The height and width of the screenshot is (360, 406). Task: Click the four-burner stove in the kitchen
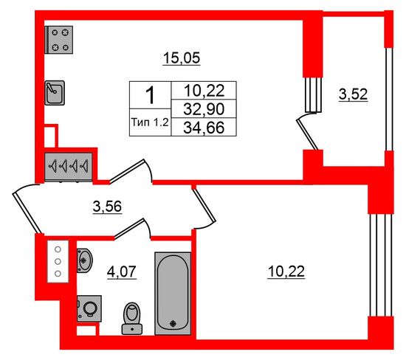(x=59, y=40)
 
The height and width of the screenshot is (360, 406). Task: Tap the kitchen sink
(x=55, y=93)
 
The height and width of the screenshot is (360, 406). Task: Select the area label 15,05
(x=182, y=58)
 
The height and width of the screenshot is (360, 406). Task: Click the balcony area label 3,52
(x=353, y=94)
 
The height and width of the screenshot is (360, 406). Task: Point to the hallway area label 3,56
(x=107, y=207)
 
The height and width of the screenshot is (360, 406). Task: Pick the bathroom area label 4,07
(x=122, y=271)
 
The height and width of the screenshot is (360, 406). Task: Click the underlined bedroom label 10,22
(x=286, y=271)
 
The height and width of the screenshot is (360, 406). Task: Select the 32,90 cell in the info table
(x=204, y=109)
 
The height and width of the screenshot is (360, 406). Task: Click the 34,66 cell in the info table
(x=204, y=128)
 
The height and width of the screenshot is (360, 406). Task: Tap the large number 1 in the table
(x=150, y=95)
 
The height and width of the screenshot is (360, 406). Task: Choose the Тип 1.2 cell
(x=150, y=122)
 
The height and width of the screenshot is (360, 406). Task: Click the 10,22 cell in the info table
(x=204, y=91)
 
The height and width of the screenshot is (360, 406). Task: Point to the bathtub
(x=173, y=293)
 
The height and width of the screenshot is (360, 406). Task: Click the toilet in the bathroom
(x=132, y=319)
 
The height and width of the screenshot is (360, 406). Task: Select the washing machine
(x=89, y=308)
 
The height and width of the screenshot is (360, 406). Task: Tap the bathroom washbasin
(x=84, y=260)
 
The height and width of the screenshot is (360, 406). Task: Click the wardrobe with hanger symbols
(x=69, y=167)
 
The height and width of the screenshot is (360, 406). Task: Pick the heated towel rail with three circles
(x=58, y=261)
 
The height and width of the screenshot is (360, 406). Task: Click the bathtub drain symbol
(x=173, y=323)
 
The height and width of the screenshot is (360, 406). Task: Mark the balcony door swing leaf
(x=307, y=134)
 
